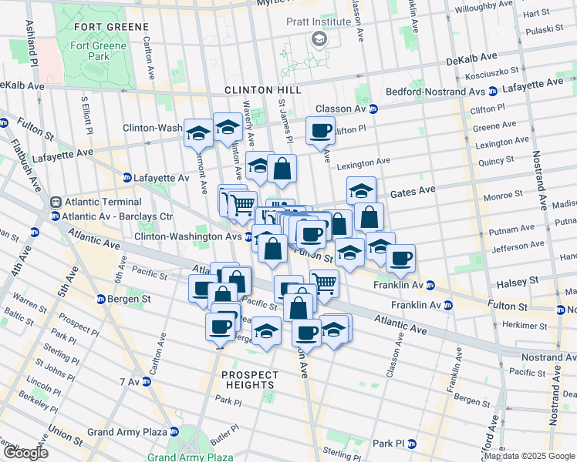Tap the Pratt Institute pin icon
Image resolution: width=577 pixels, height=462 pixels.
click(318, 38)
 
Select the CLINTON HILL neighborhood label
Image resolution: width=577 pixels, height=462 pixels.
click(259, 90)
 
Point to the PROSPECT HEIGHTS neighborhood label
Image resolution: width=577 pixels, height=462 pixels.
click(249, 380)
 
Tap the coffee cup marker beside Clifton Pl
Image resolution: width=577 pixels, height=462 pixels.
click(320, 130)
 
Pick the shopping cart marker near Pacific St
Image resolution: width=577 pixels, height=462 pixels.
click(324, 283)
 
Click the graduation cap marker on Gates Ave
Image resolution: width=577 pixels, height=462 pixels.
click(360, 190)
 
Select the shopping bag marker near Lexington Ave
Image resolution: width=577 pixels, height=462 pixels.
click(282, 168)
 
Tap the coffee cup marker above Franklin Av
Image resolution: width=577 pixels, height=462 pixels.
click(400, 258)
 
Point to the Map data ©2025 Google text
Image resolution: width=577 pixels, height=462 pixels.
click(529, 456)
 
